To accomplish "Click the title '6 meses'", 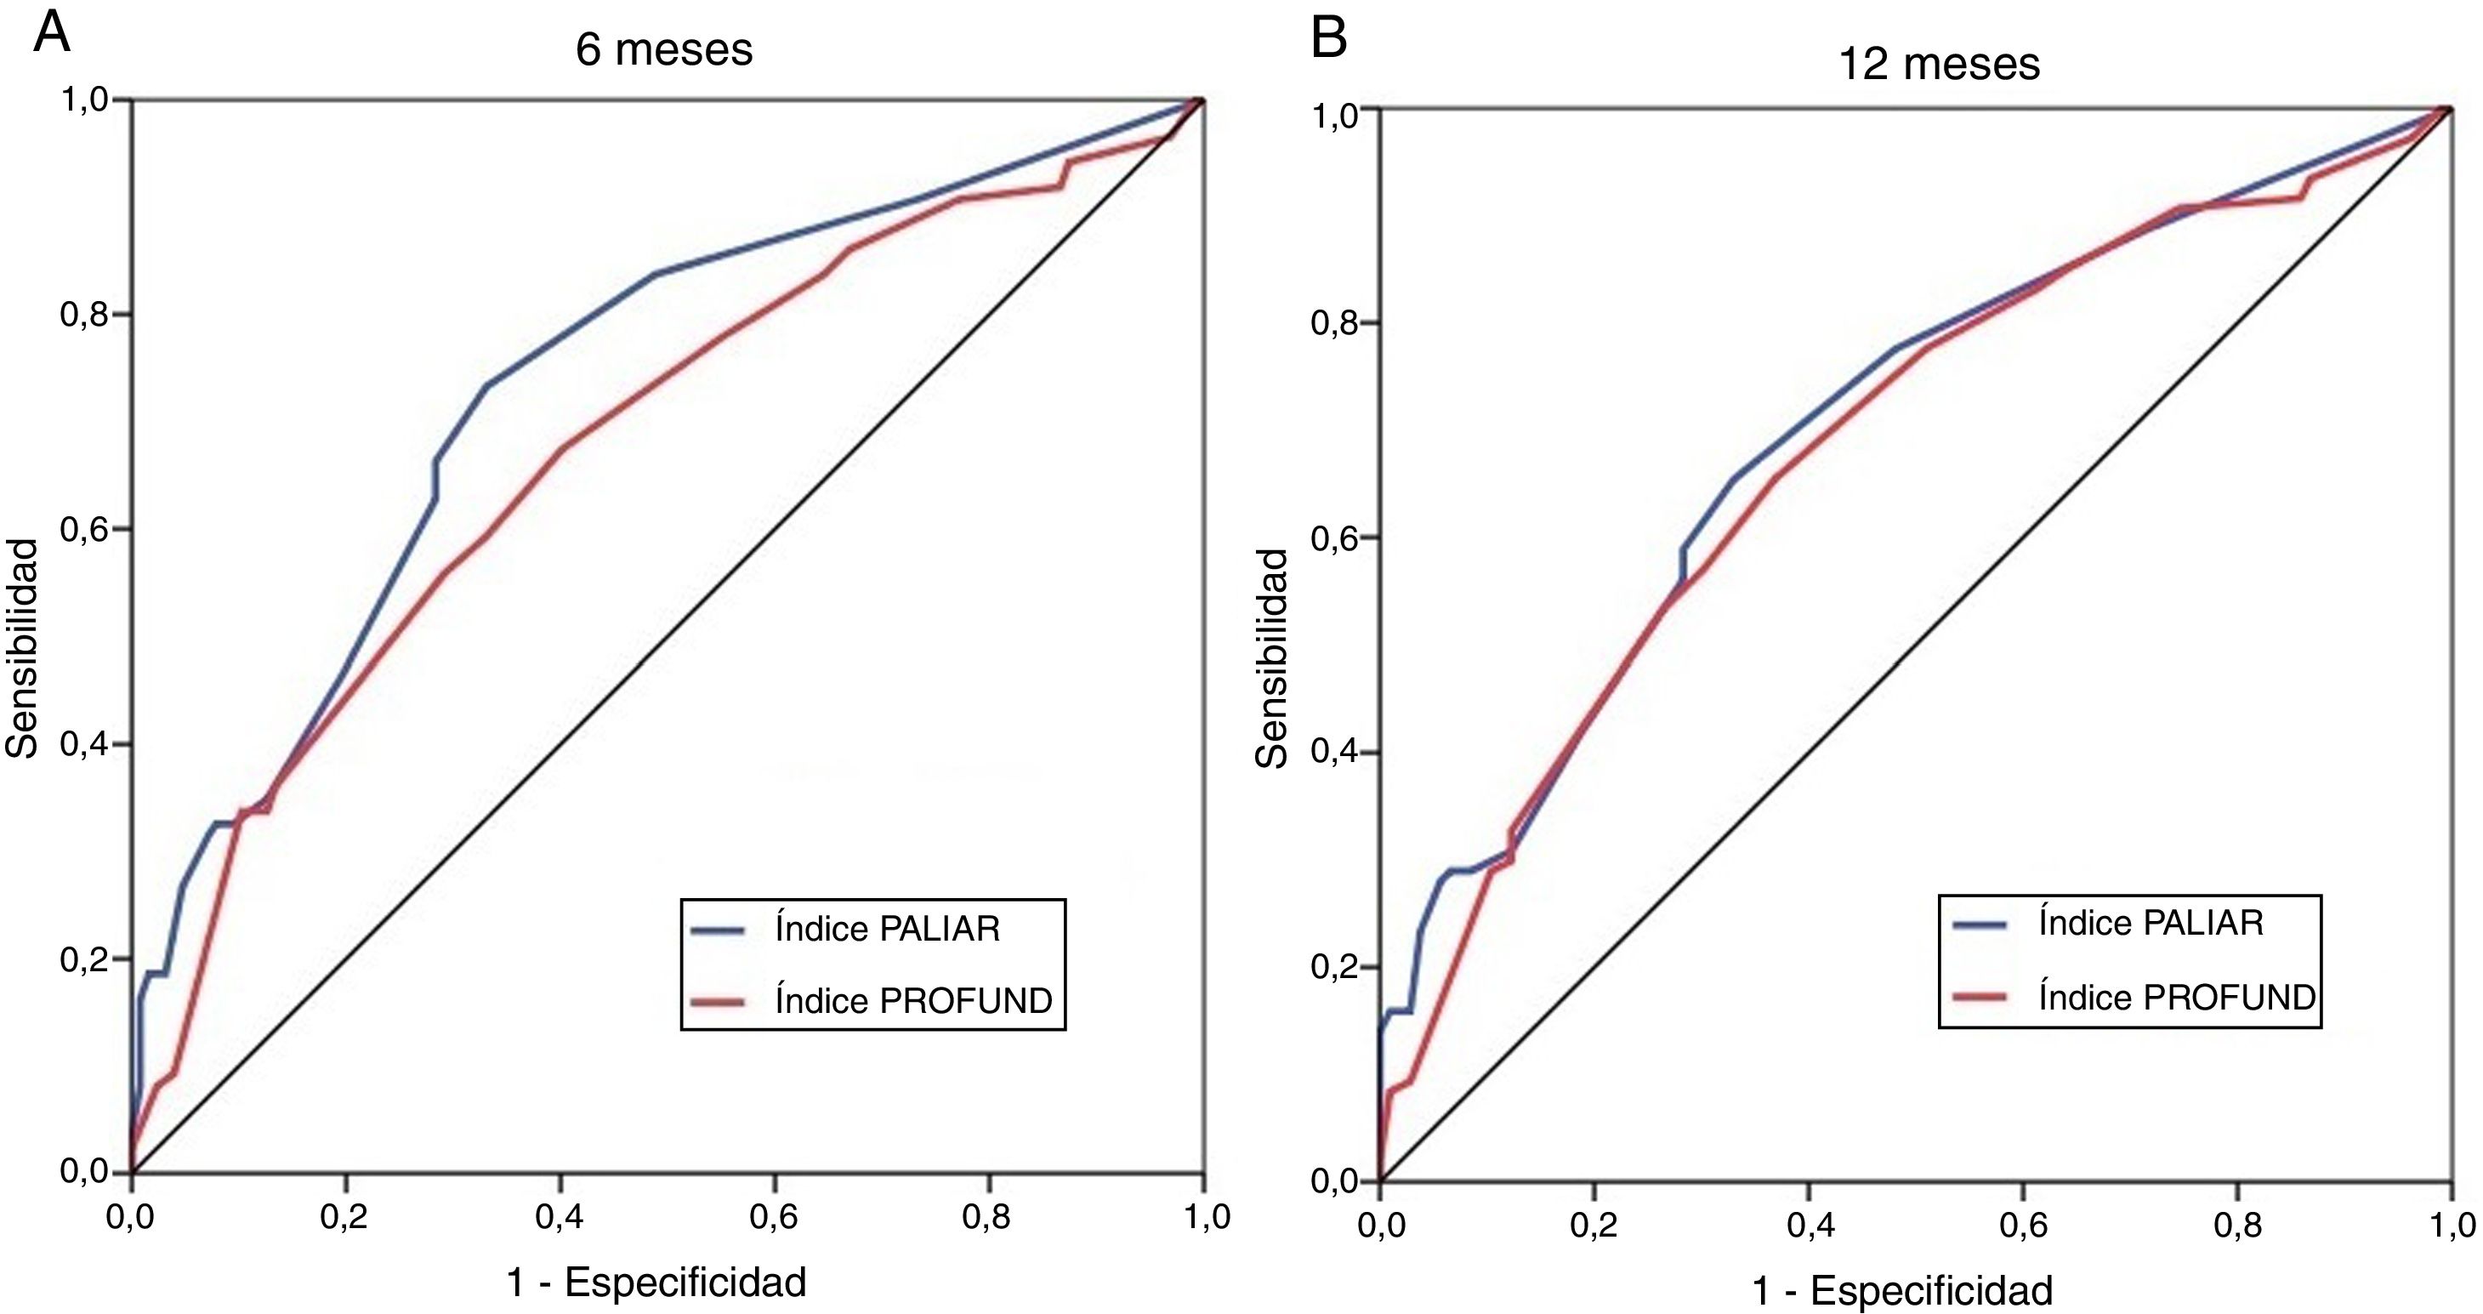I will point(664,50).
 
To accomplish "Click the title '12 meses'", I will point(1940,65).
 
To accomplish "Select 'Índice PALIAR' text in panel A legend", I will point(887,930).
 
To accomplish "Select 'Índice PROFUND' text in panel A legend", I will point(912,1002).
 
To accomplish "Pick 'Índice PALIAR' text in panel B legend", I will point(2151,924).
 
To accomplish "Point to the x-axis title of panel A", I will point(656,1283).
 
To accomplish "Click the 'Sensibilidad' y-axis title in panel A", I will point(22,648).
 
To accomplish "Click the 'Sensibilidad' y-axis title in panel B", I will point(1272,658).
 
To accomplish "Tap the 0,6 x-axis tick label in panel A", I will point(774,1219).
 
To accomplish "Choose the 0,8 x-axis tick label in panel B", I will point(2237,1226).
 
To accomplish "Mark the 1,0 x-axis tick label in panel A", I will point(1203,1219).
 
